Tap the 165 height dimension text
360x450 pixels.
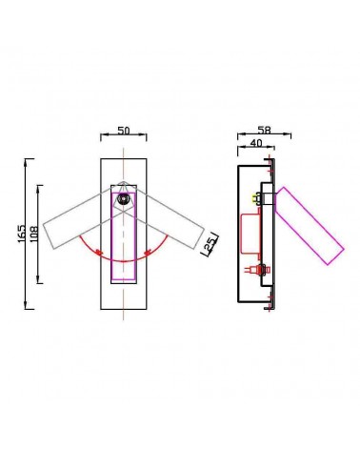click(x=21, y=233)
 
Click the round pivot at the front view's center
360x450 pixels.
click(x=125, y=198)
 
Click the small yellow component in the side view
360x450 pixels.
click(x=255, y=198)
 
